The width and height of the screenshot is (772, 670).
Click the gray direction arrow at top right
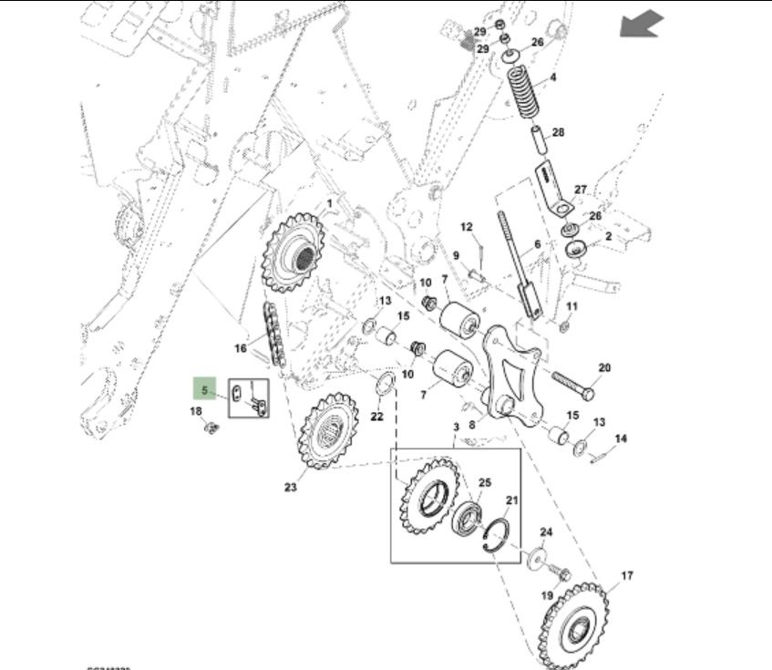pyautogui.click(x=640, y=26)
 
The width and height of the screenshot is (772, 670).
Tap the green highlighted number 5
pyautogui.click(x=204, y=391)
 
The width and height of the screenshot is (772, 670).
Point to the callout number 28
pyautogui.click(x=558, y=133)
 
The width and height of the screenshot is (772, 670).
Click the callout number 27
pyautogui.click(x=581, y=190)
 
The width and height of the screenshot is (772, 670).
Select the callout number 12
pyautogui.click(x=467, y=226)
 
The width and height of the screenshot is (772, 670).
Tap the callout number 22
pyautogui.click(x=376, y=417)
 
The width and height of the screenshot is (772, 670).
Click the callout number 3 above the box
pyautogui.click(x=456, y=427)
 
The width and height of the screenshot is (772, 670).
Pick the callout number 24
pyautogui.click(x=546, y=532)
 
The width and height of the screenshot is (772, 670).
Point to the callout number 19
pyautogui.click(x=546, y=596)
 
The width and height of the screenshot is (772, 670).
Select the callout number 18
pyautogui.click(x=196, y=412)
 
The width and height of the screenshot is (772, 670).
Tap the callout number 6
pyautogui.click(x=538, y=244)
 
